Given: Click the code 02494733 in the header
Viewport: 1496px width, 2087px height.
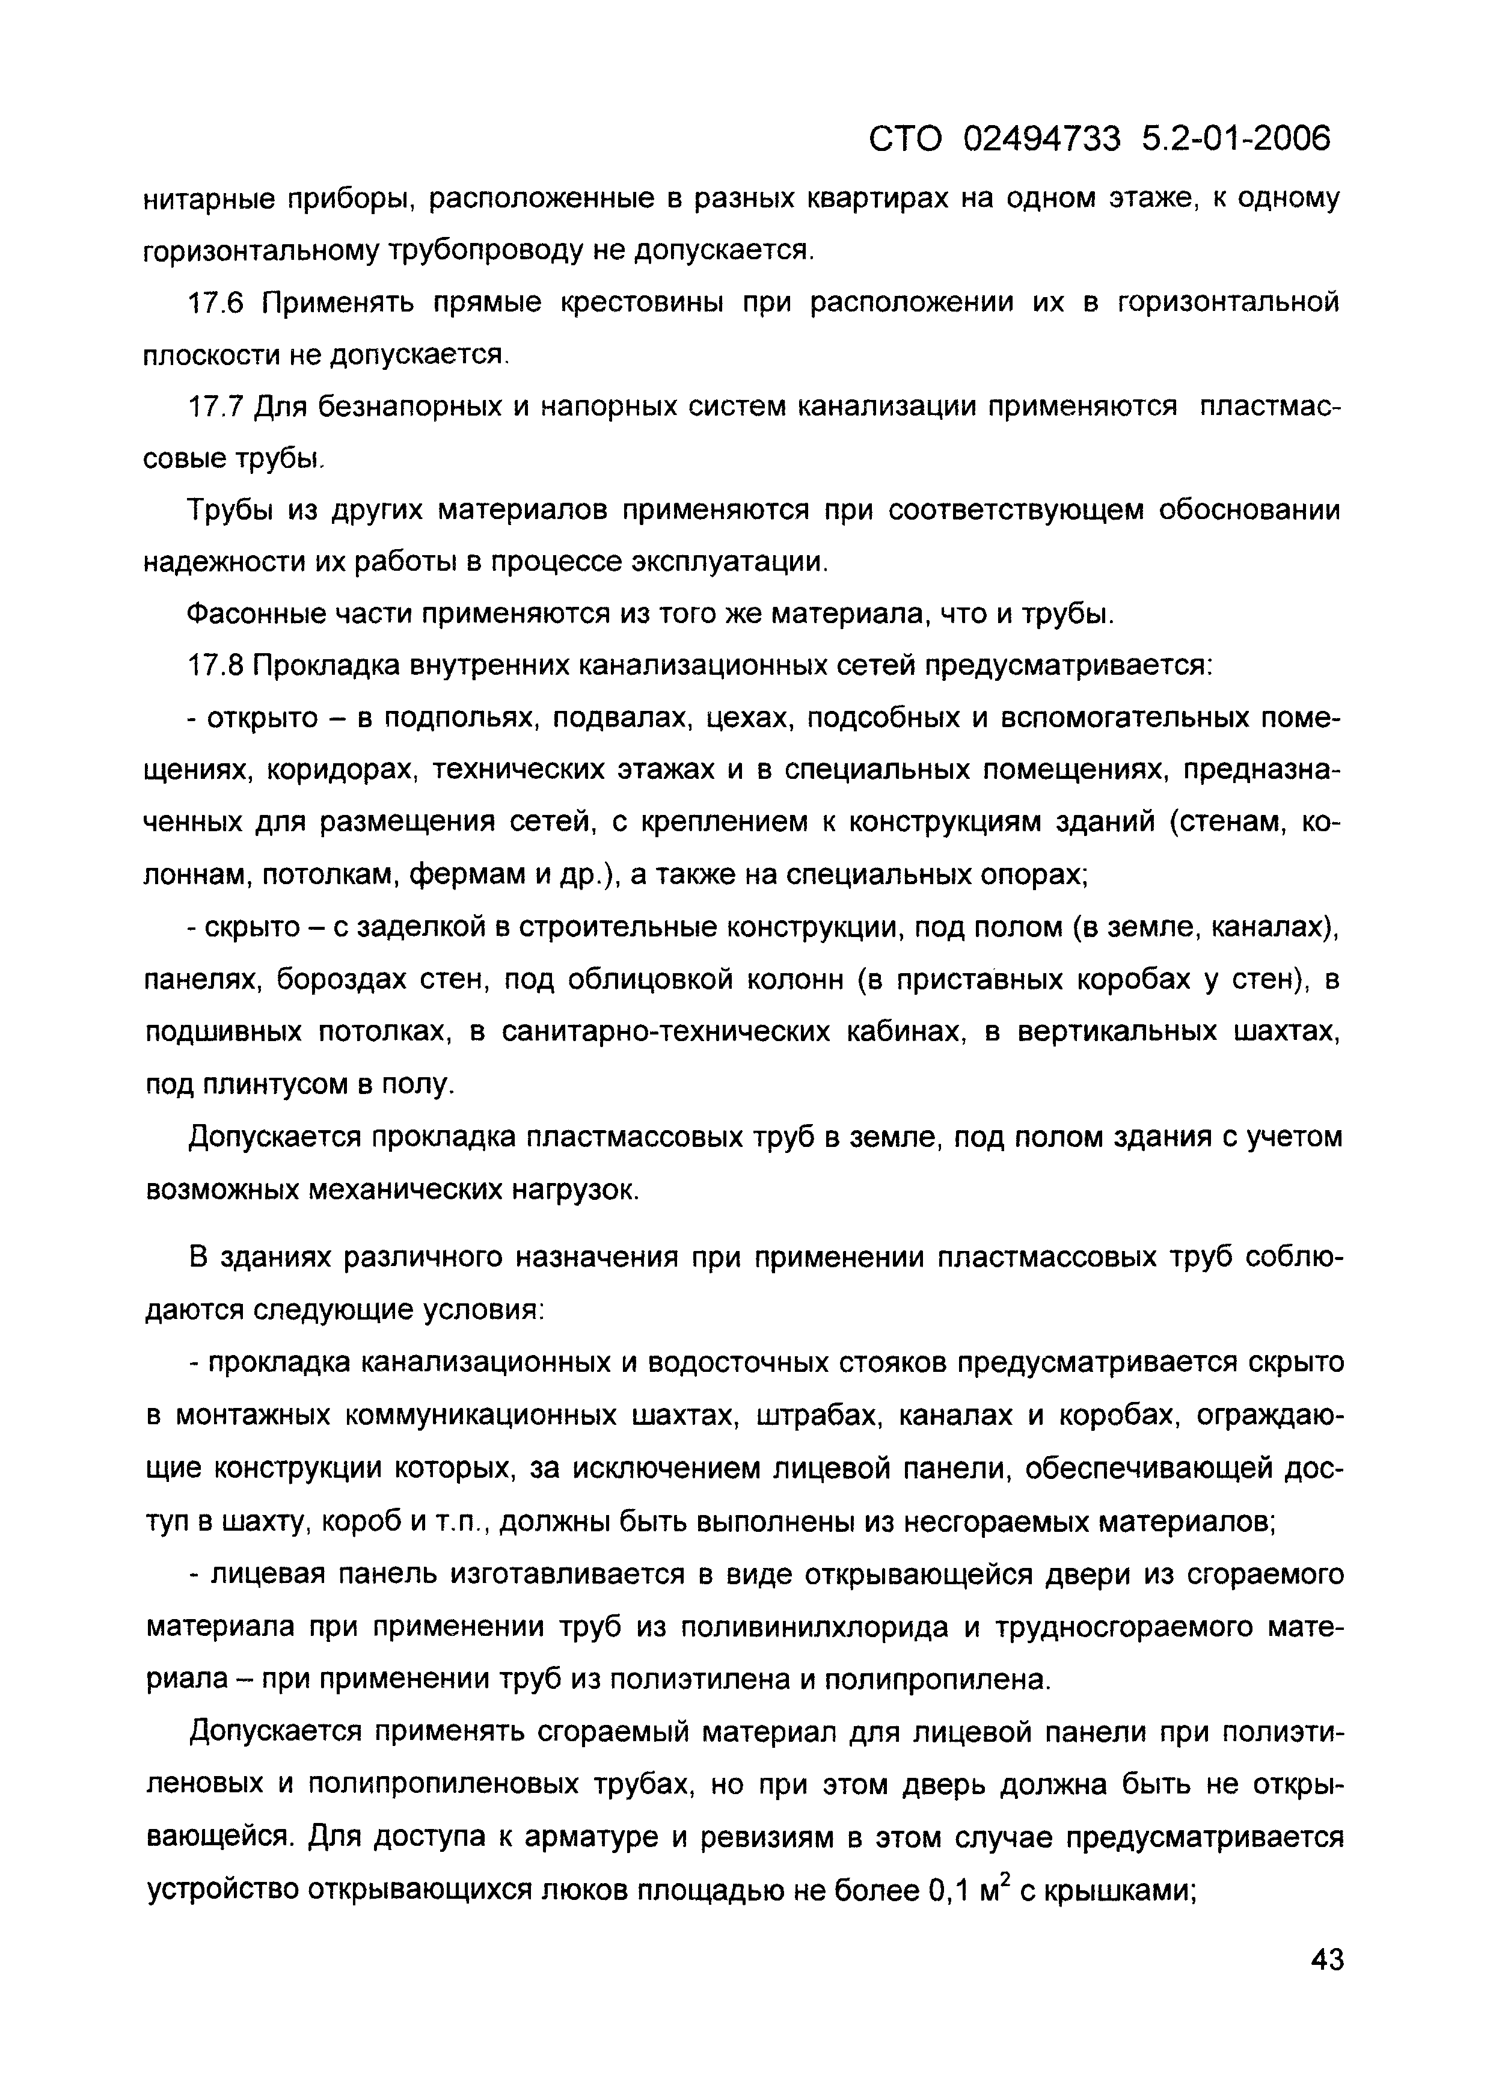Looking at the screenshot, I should [x=1043, y=140].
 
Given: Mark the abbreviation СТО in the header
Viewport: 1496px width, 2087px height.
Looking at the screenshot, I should [x=906, y=140].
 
